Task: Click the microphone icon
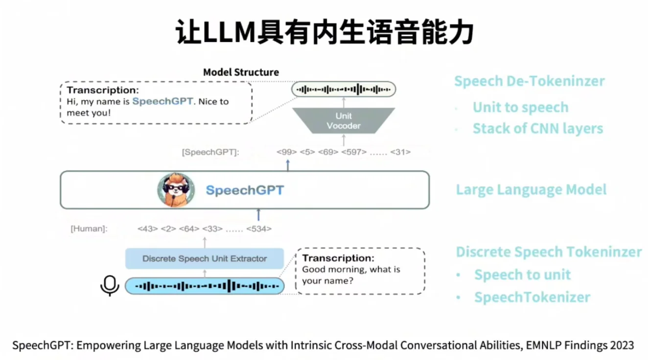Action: (110, 286)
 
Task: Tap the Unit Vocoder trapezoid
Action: (343, 121)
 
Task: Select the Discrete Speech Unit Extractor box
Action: (205, 258)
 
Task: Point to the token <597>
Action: (353, 152)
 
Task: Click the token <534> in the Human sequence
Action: (258, 228)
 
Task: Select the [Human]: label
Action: (89, 228)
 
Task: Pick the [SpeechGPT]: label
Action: (210, 152)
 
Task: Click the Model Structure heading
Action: (241, 72)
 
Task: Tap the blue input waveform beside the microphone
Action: (205, 286)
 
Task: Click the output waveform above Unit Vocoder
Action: (343, 90)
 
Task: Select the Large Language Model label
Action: (531, 190)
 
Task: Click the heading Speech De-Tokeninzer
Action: (529, 81)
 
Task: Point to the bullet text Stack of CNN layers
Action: (537, 129)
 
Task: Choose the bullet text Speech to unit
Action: (522, 274)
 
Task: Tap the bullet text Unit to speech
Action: (520, 108)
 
